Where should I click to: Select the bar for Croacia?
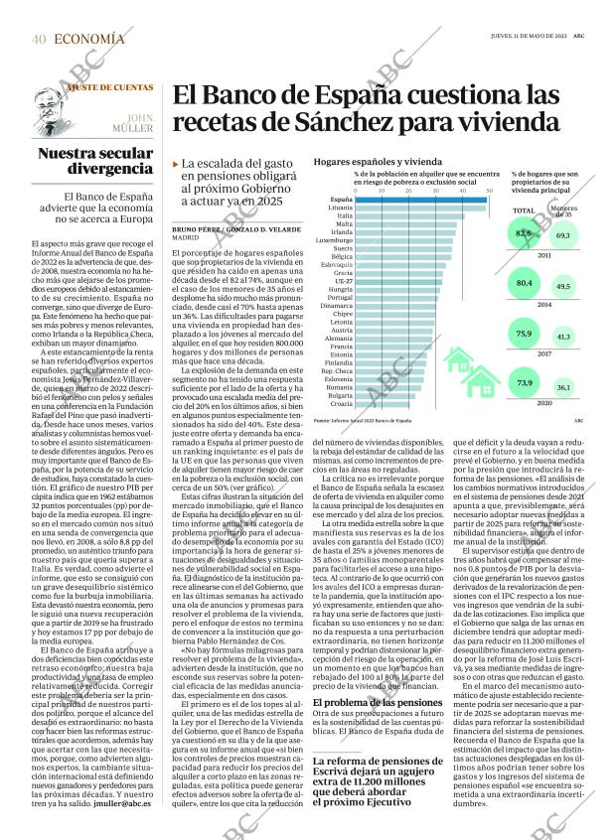[382, 403]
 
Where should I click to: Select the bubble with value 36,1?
[562, 387]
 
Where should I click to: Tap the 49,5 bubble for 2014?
[563, 287]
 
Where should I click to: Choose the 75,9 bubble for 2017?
[525, 334]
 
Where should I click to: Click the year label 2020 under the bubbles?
[544, 403]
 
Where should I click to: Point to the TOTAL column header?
[523, 210]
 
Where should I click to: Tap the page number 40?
[39, 40]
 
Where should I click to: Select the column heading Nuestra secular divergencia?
[95, 162]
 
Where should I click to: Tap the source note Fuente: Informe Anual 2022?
[362, 421]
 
